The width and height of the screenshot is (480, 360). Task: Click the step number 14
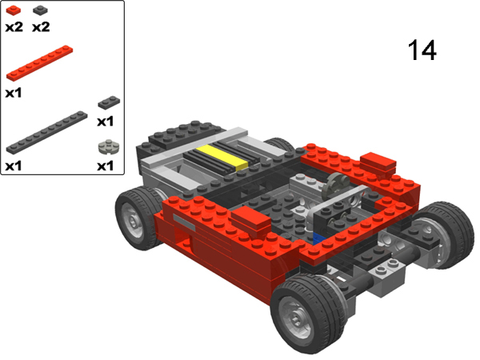pos(422,50)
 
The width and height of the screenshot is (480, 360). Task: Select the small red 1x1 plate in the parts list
pos(12,10)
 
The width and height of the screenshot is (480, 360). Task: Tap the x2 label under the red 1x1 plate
pos(13,26)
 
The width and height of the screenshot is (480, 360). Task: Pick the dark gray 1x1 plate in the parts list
pos(40,10)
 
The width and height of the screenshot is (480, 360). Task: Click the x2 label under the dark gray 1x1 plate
pos(41,26)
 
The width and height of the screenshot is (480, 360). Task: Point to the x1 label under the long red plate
pos(13,92)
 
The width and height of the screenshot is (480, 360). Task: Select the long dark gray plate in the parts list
pos(46,132)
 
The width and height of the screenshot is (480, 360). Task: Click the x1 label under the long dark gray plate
pos(13,166)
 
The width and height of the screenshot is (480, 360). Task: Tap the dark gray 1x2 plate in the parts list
pos(107,102)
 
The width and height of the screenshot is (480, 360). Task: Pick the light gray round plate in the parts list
pos(106,147)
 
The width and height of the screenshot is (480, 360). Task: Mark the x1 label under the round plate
pos(106,166)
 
